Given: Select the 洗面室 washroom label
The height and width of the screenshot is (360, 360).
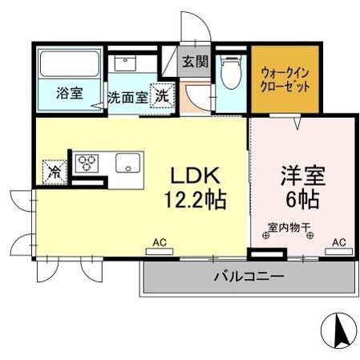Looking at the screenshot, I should click(127, 99).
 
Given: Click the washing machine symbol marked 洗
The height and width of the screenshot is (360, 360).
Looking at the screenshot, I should click(162, 94).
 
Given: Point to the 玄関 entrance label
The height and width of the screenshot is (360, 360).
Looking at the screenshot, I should click(194, 61).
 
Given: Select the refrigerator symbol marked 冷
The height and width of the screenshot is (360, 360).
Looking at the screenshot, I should click(54, 171).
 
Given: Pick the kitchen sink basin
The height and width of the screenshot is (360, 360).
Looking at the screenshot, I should click(129, 164).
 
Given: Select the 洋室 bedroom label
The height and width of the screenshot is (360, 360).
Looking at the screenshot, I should click(302, 175).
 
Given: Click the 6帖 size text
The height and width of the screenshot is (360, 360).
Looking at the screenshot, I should click(302, 198).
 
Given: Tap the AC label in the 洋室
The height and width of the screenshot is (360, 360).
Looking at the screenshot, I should click(339, 241).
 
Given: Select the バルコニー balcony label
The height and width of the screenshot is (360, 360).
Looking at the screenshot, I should click(248, 277).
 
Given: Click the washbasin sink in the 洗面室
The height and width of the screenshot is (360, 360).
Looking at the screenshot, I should click(126, 65).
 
